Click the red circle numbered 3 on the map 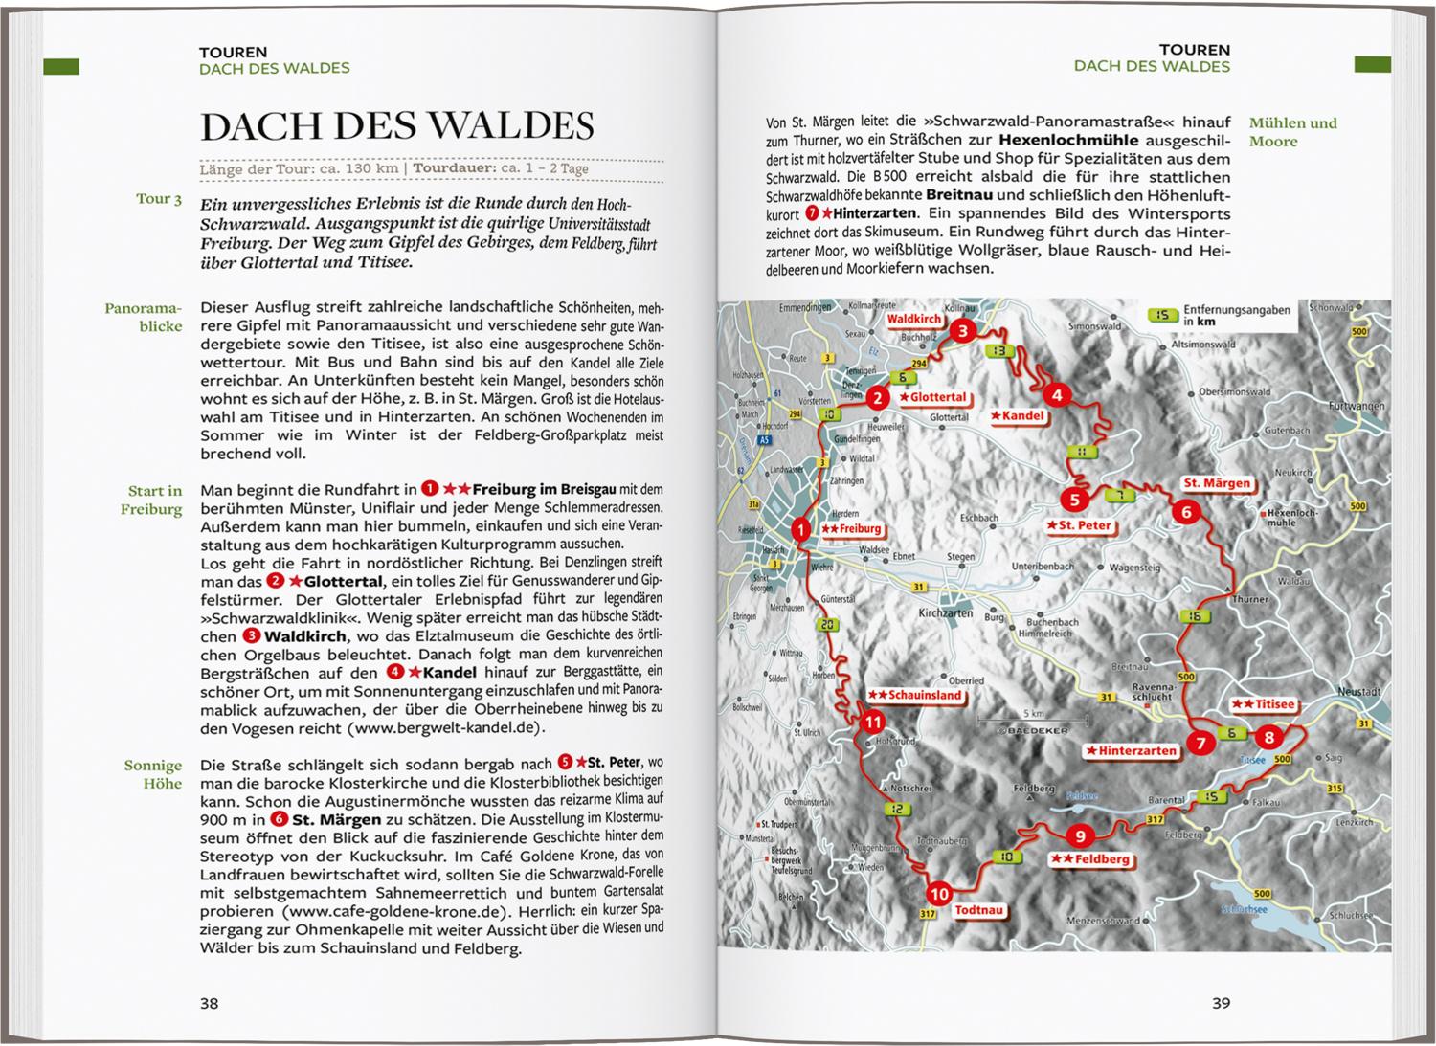964,331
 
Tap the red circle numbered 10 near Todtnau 939,894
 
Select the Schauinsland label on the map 914,695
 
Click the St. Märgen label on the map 1217,483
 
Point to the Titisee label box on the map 1263,704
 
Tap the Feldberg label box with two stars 1089,859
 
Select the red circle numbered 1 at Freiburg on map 801,528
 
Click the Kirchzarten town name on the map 945,612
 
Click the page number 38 209,1003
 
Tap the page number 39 1221,1003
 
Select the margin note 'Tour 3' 159,199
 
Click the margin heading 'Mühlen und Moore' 1292,132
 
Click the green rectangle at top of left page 61,67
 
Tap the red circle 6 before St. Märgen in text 279,819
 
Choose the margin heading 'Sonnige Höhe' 152,774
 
